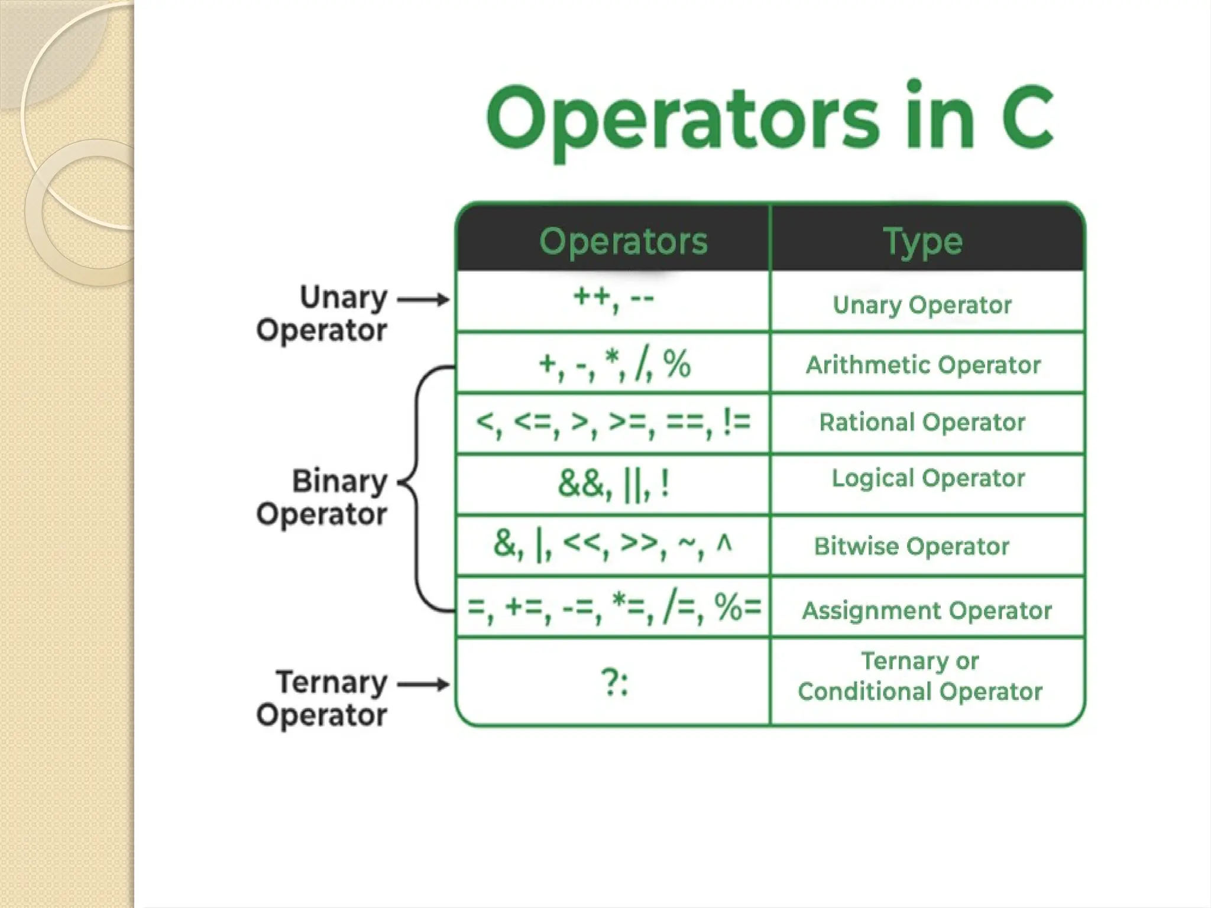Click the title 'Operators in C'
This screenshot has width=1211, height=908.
tap(769, 118)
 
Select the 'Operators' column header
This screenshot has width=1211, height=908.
tap(623, 241)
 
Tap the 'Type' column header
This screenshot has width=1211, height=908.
tap(922, 241)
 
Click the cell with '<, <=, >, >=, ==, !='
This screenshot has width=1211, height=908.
tap(613, 423)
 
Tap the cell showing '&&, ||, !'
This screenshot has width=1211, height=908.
tap(613, 484)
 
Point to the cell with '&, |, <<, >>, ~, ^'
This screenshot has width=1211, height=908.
tap(613, 544)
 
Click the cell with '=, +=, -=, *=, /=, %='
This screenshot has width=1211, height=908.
tap(613, 607)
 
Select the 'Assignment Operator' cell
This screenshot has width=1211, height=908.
tap(927, 610)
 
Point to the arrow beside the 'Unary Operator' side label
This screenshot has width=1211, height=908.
tap(423, 300)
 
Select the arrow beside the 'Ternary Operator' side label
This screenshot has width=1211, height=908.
tap(423, 685)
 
